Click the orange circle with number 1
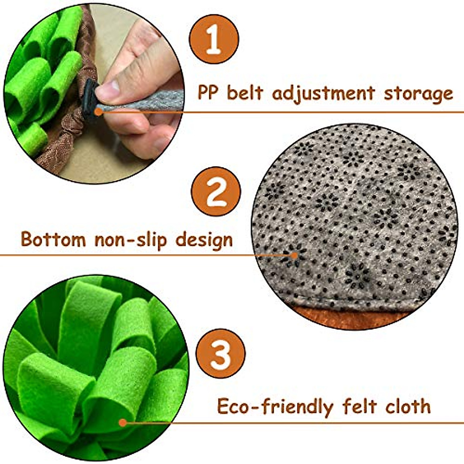point(213,39)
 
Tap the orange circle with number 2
point(216,191)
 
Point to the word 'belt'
point(245,93)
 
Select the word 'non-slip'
point(131,240)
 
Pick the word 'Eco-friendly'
point(275,407)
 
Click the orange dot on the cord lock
point(98,112)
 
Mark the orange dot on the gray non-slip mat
point(295,255)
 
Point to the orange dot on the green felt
point(123,423)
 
